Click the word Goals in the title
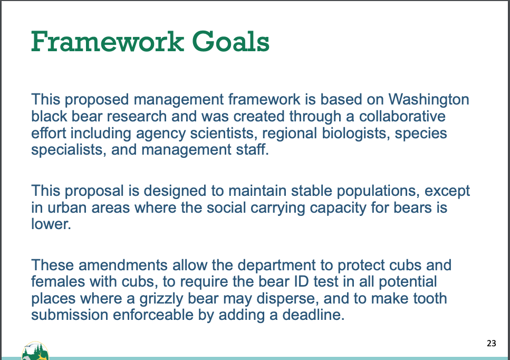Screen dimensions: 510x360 (230, 42)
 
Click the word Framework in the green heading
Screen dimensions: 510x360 (108, 41)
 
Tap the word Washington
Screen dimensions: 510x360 (429, 99)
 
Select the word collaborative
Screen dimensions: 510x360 (402, 116)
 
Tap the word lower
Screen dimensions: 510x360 (51, 224)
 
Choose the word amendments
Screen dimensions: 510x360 (123, 265)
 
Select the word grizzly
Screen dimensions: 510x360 (161, 299)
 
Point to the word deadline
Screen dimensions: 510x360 (313, 315)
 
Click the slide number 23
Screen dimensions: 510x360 (492, 343)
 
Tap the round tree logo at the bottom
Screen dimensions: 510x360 (35, 350)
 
